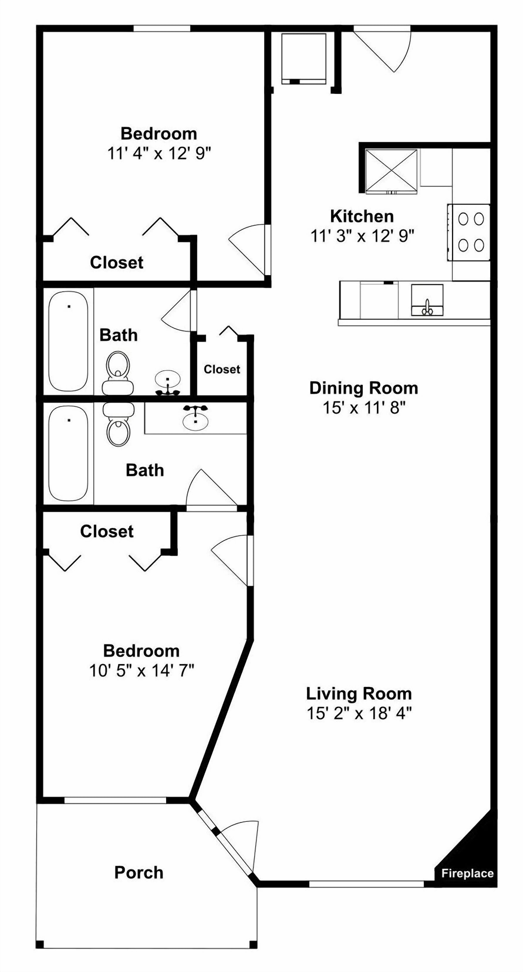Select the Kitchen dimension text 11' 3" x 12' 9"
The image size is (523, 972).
click(362, 236)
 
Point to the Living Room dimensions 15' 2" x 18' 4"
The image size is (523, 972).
click(359, 714)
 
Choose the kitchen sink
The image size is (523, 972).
click(427, 300)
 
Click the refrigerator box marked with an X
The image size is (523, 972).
click(392, 171)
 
